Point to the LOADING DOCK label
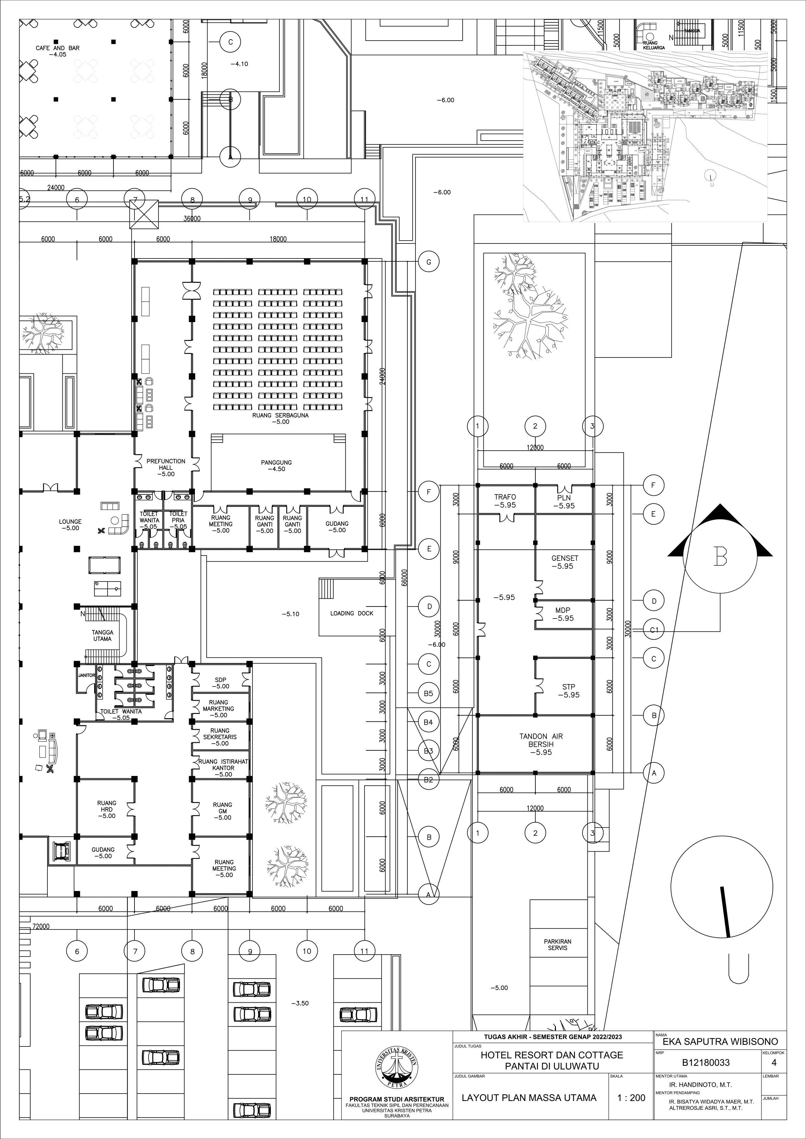352,613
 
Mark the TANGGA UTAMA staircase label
102,635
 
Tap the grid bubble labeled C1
654,630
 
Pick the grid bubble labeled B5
428,693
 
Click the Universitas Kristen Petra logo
397,1067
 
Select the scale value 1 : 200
631,1098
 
